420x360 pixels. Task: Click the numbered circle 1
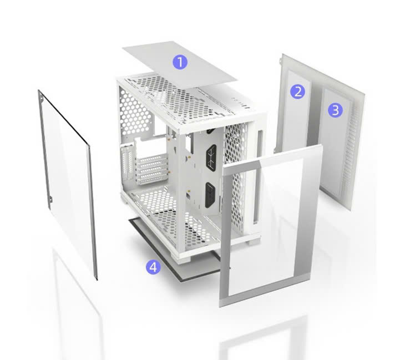[180, 62]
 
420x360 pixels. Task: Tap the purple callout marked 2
[297, 92]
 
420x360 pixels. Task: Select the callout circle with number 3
[335, 110]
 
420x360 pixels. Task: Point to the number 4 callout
[153, 267]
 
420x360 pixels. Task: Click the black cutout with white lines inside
[211, 158]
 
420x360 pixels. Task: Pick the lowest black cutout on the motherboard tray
[210, 195]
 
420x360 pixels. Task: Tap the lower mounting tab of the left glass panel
[50, 199]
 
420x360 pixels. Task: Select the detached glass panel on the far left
[68, 185]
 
